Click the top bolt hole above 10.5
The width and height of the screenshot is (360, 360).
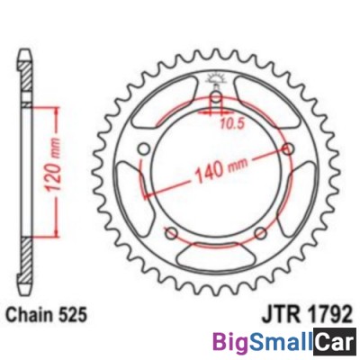click(x=216, y=100)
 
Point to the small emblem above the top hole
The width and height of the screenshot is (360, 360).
click(x=216, y=78)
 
